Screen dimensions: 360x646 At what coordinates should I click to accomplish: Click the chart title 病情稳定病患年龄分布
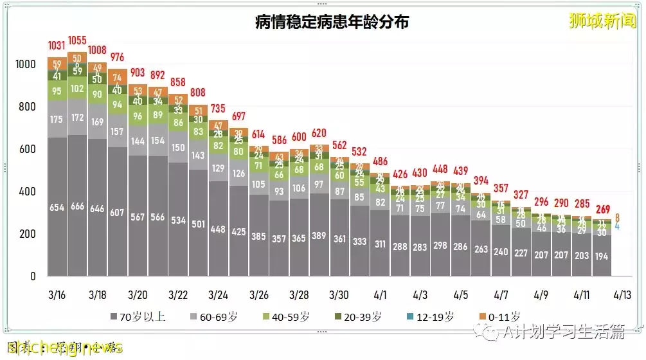click(x=332, y=22)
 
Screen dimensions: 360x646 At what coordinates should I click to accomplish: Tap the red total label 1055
click(x=77, y=40)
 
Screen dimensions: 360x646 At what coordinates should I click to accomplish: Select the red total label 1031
click(x=57, y=46)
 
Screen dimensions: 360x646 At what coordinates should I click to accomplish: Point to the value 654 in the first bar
click(x=57, y=207)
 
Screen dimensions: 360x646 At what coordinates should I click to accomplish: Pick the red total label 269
click(x=602, y=209)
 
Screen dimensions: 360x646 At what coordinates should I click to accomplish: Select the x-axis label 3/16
click(x=57, y=295)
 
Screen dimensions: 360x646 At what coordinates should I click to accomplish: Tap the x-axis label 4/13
click(x=622, y=295)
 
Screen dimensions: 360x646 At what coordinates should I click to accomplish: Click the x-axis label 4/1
click(x=379, y=295)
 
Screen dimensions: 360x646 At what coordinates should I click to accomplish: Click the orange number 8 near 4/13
click(x=618, y=217)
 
